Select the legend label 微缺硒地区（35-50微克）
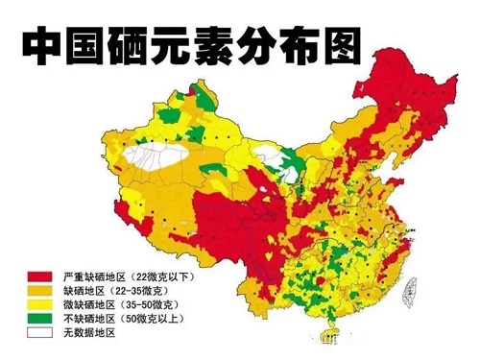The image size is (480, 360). tap(113, 303)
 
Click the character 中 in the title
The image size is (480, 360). tap(43, 43)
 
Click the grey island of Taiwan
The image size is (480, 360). tap(415, 288)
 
